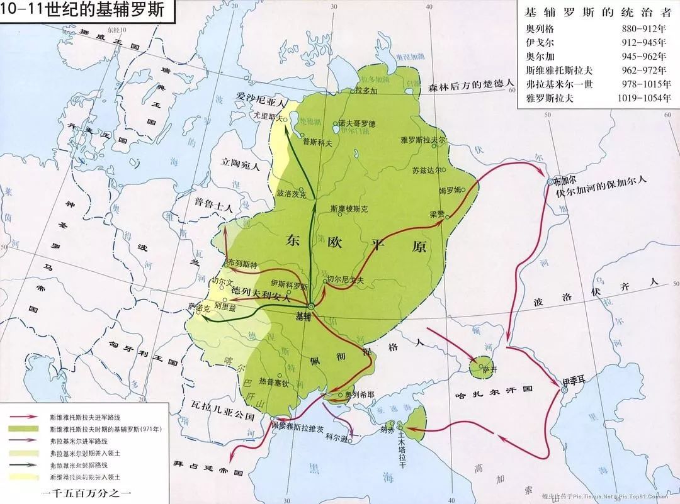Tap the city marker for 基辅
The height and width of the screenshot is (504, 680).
point(310,306)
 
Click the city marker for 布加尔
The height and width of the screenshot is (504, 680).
point(550,181)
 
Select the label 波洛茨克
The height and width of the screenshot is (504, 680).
point(291,194)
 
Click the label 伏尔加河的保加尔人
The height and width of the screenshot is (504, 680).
point(601,187)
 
